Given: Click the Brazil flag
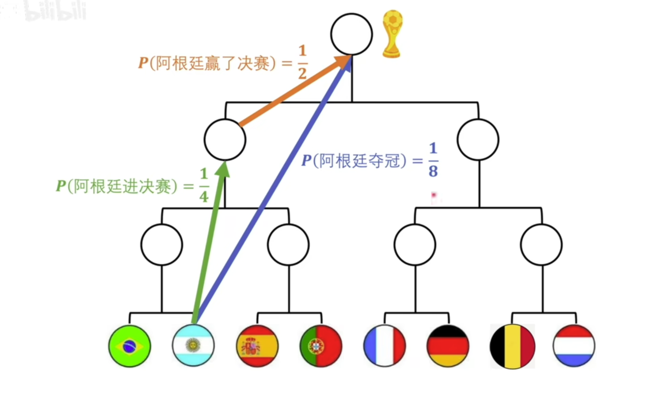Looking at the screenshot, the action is click(x=130, y=346).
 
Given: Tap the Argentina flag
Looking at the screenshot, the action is click(x=193, y=345).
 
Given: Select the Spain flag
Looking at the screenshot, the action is click(x=257, y=346).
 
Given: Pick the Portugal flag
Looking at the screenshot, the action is click(x=321, y=346).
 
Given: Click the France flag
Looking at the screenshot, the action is click(x=385, y=345).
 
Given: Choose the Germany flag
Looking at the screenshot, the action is click(x=448, y=346).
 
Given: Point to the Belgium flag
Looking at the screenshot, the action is click(x=512, y=346).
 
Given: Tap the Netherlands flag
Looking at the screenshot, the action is click(x=574, y=345).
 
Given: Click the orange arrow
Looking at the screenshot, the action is click(x=295, y=91).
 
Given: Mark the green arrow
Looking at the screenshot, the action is click(x=210, y=242).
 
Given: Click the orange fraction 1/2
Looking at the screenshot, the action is click(x=302, y=62).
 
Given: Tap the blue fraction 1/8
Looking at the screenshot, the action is click(x=433, y=160).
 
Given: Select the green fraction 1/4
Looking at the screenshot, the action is click(x=204, y=186).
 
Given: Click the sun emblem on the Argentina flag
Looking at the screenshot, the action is click(x=193, y=345).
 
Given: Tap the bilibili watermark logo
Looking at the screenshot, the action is click(x=55, y=11).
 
